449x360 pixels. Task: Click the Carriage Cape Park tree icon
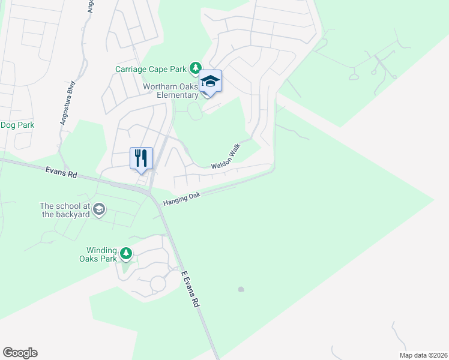tap(195, 68)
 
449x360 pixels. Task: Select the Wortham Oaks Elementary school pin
tap(211, 82)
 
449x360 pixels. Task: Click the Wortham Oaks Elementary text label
tap(170, 91)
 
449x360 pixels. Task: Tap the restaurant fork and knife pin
tap(141, 159)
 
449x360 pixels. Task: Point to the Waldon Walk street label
tap(225, 157)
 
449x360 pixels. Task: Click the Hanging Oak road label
tap(181, 198)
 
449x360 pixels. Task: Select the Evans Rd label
tap(61, 174)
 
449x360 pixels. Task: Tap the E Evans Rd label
tap(190, 289)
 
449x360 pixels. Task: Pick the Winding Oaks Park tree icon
tap(126, 254)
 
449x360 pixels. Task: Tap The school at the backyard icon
tap(99, 209)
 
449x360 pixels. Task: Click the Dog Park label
tap(17, 125)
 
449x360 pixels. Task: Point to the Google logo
tap(20, 353)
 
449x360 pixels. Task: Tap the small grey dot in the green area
tap(241, 289)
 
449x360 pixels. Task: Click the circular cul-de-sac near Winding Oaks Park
tap(158, 283)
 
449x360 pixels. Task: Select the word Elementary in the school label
tap(178, 95)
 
